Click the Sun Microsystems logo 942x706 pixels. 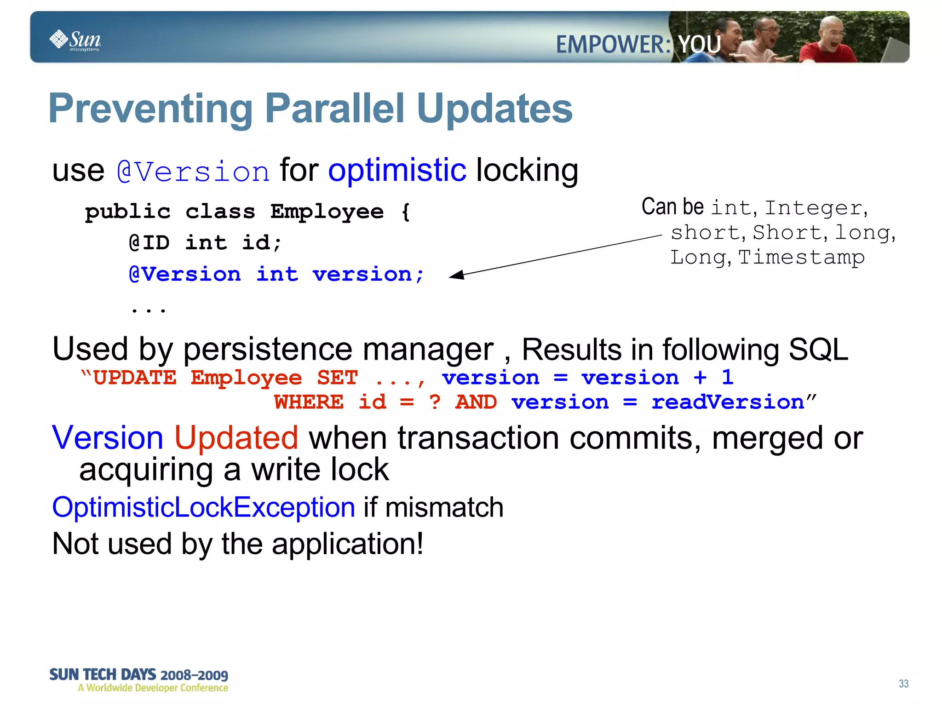pos(75,40)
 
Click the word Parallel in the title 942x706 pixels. pos(335,109)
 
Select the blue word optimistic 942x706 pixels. pos(397,170)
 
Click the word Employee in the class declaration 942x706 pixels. pos(327,212)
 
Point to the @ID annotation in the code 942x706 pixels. pos(149,242)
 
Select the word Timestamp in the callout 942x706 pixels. pos(801,257)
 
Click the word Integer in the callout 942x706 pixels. pos(813,208)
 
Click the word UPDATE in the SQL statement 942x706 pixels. pos(134,378)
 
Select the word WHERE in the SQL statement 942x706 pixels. pos(309,402)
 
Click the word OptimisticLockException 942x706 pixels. pos(203,507)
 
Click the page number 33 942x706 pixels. pos(903,683)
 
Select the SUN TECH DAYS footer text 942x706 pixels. pos(138,675)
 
